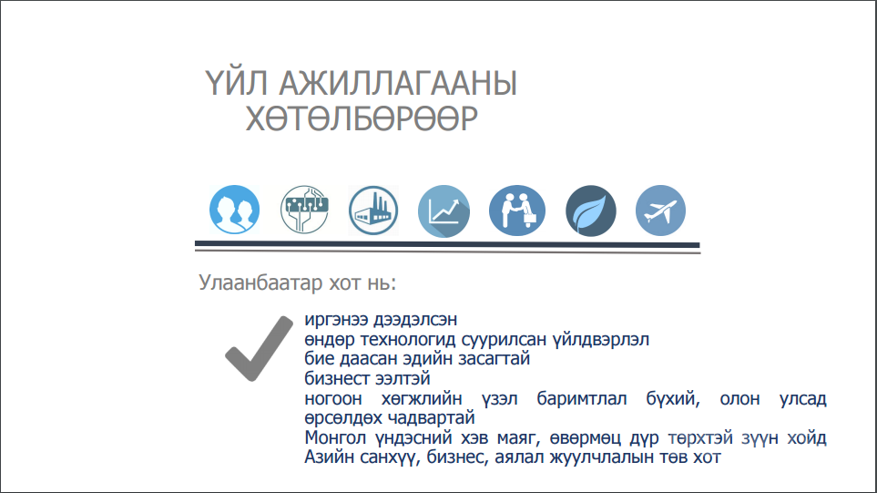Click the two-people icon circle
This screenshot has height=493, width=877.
pos(234,210)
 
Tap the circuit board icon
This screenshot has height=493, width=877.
pos(304,210)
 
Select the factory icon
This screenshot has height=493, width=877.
pos(373,211)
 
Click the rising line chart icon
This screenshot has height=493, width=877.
pos(444,211)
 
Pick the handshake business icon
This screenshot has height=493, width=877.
pos(516,211)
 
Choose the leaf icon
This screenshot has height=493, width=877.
pos(591,211)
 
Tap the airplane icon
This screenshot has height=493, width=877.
pos(660,211)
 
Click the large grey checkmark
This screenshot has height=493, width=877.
pos(259,348)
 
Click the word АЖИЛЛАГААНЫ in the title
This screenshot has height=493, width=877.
pos(398,83)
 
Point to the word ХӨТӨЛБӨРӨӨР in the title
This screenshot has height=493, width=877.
pos(362,118)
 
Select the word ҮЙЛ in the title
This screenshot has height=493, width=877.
pos(237,82)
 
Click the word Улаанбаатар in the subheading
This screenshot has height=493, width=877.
pos(260,282)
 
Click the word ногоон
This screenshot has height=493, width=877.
pos(333,399)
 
